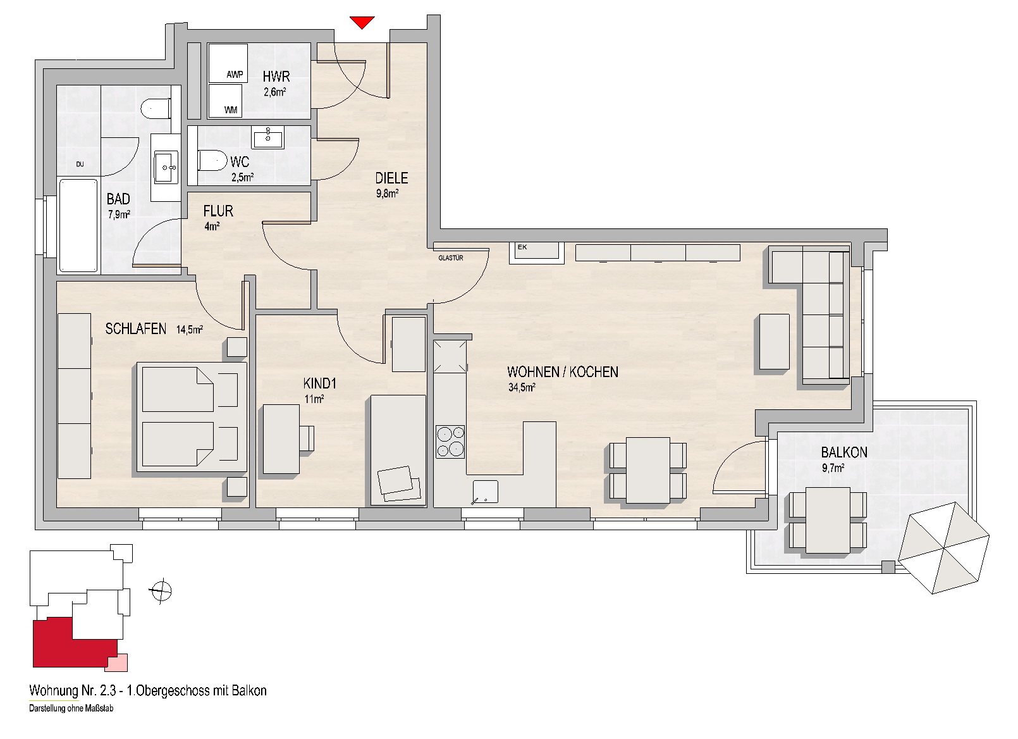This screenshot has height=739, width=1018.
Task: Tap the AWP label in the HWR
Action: [x=235, y=75]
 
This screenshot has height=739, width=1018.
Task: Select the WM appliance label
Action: [x=231, y=110]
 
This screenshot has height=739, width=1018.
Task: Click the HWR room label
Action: [x=276, y=77]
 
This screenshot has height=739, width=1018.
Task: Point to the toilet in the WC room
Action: [x=212, y=161]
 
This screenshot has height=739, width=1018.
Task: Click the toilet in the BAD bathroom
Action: [x=156, y=109]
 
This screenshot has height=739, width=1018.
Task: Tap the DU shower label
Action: [x=80, y=164]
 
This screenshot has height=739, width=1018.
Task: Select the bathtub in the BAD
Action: [x=78, y=225]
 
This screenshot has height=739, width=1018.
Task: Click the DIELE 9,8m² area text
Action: [x=387, y=194]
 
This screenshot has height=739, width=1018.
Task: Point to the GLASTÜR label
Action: [x=451, y=258]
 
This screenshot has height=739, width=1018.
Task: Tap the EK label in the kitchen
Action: [x=522, y=247]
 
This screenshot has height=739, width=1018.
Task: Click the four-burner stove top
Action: [x=450, y=441]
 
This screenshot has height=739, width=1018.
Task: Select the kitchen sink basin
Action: [x=486, y=492]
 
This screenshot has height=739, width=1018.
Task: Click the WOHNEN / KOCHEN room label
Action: [x=563, y=372]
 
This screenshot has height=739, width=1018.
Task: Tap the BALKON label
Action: [x=844, y=452]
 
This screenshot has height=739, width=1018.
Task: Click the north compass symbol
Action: [x=161, y=592]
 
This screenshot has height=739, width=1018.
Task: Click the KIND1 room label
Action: [x=319, y=383]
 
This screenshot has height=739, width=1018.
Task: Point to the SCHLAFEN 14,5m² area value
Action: [x=190, y=330]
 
